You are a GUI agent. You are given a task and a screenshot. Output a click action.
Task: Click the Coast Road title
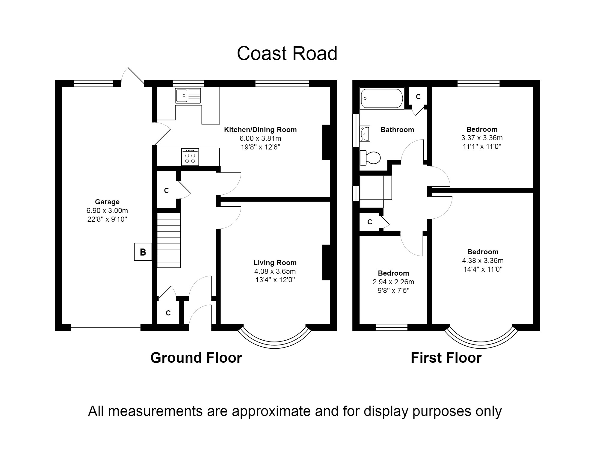(287, 54)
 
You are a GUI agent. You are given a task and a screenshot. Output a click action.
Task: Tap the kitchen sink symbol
(188, 96)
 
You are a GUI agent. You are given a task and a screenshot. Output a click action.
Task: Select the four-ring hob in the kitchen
(190, 157)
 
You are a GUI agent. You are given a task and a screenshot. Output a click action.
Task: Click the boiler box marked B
(143, 252)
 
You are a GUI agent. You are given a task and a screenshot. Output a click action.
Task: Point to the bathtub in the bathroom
(382, 98)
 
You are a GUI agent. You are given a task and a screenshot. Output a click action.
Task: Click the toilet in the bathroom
(370, 158)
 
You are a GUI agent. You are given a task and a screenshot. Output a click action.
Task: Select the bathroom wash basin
(365, 133)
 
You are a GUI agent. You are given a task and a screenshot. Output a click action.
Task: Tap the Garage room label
(107, 202)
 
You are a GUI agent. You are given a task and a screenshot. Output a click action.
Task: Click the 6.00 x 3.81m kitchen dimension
(260, 138)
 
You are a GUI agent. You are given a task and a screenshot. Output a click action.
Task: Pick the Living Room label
(275, 263)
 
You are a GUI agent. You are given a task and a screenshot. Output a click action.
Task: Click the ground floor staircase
(169, 240)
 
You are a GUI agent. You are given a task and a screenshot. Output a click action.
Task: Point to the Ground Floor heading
(196, 358)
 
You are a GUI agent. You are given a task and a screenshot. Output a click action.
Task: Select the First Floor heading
(446, 358)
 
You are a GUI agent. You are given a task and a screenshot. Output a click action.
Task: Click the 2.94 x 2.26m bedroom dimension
(393, 282)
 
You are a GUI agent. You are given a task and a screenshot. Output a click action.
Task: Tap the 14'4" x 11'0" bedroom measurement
(483, 269)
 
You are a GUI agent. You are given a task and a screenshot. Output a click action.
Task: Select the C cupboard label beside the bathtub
(418, 97)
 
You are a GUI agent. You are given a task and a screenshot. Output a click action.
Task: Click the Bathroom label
(397, 130)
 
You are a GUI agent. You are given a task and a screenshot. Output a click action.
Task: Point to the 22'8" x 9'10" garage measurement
(107, 219)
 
